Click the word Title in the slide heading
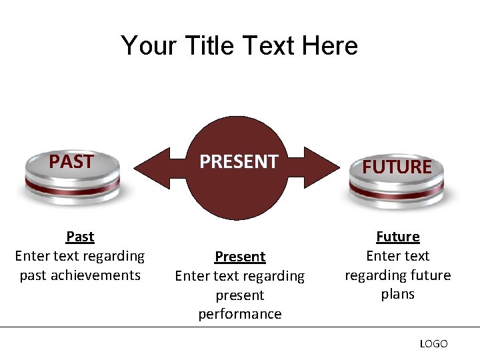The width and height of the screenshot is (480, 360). (212, 46)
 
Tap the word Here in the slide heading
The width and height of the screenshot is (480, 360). (329, 46)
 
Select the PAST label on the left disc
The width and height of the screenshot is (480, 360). (71, 162)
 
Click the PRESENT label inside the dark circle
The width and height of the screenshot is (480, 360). (239, 161)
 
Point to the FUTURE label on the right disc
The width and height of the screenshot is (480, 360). (397, 167)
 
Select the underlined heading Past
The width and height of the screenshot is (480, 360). (80, 237)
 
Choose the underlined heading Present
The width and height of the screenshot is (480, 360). (240, 257)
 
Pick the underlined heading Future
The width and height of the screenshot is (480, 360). (398, 237)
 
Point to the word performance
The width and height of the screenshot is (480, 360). (240, 314)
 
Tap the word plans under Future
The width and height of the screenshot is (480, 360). (398, 294)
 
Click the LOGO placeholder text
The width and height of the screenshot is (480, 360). (433, 343)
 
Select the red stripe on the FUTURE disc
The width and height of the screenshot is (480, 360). (397, 191)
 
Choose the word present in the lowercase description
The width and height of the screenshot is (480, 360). (240, 295)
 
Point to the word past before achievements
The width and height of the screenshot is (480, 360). (33, 275)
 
